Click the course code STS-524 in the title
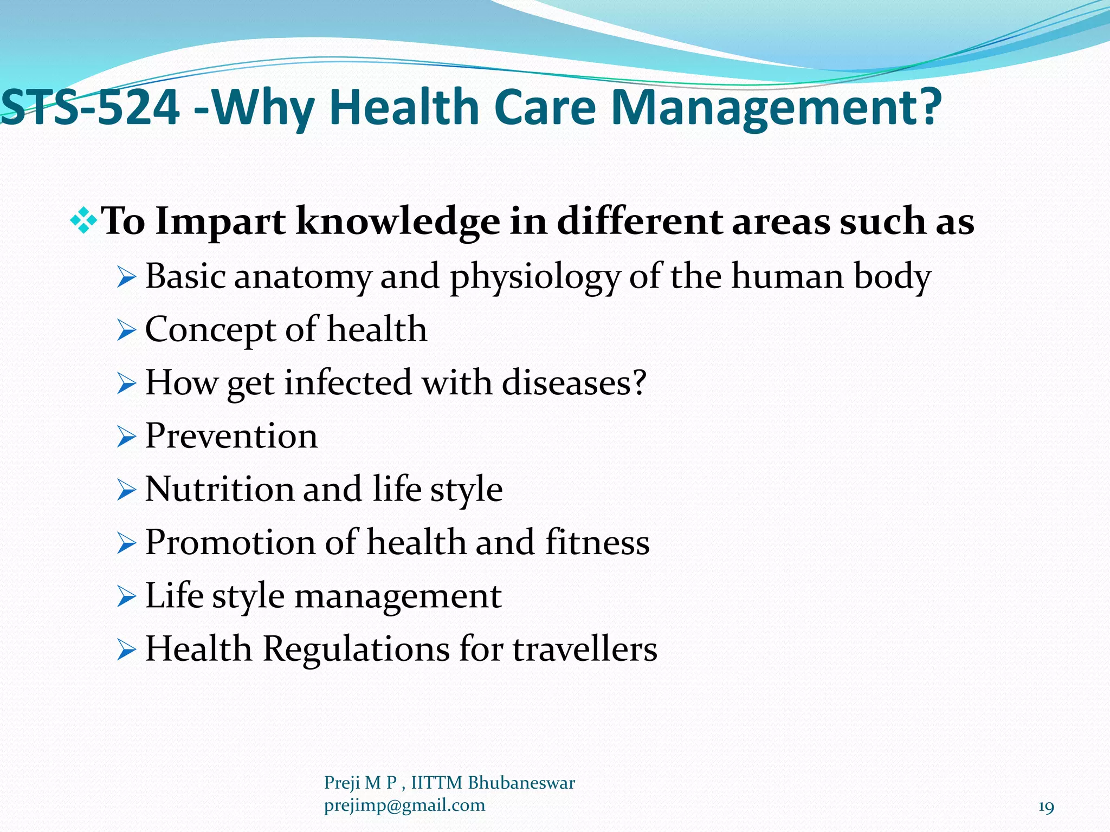91,107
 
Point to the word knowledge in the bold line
398,222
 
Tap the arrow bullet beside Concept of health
126,330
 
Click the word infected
348,383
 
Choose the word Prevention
231,436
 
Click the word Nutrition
219,489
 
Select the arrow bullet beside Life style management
126,597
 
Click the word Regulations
356,649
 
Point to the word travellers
585,649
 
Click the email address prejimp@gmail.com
404,805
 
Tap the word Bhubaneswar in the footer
521,783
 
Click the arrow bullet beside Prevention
126,437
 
